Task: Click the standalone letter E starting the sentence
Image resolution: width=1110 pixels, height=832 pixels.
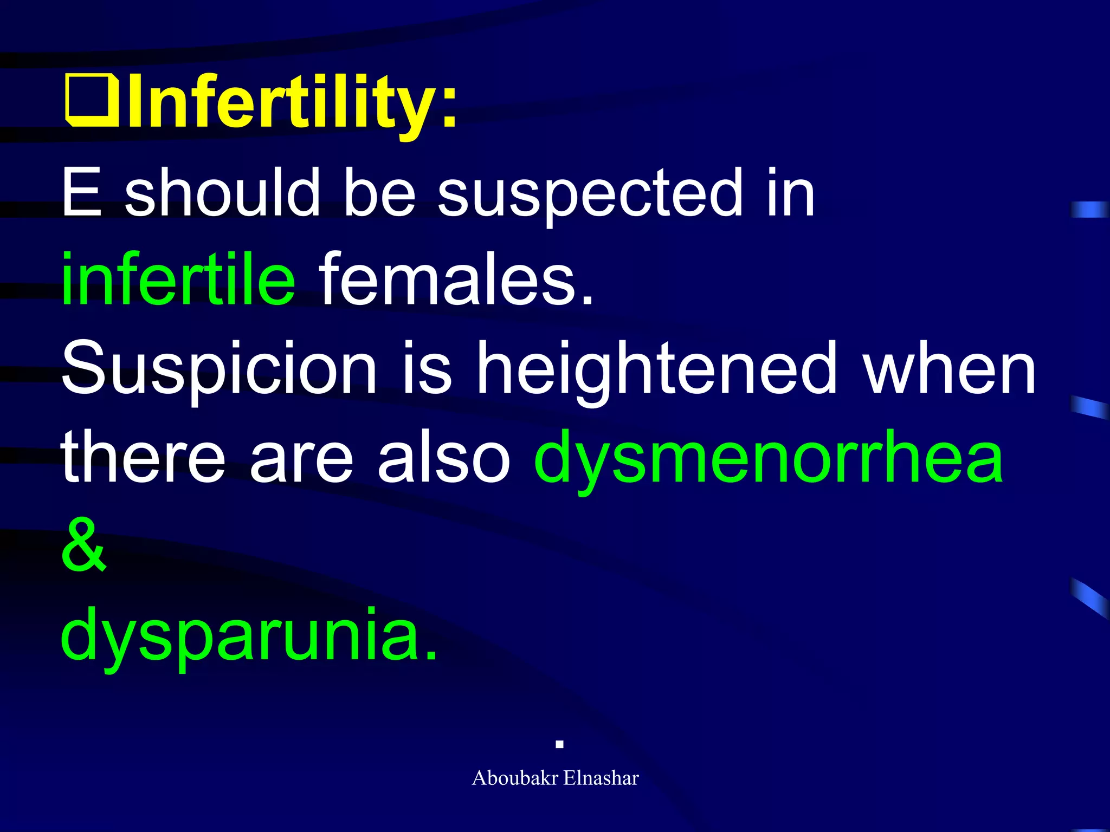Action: point(81,192)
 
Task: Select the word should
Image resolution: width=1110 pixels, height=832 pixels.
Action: point(222,192)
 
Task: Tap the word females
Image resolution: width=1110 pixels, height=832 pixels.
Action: point(455,279)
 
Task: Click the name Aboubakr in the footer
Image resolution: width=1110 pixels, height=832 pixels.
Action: point(515,778)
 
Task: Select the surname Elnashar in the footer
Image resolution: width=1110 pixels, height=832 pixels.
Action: point(601,778)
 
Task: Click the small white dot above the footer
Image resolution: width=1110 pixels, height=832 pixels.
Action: point(560,745)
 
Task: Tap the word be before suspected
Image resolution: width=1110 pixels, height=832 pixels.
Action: point(379,192)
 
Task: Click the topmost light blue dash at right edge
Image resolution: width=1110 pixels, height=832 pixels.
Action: point(1089,209)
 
